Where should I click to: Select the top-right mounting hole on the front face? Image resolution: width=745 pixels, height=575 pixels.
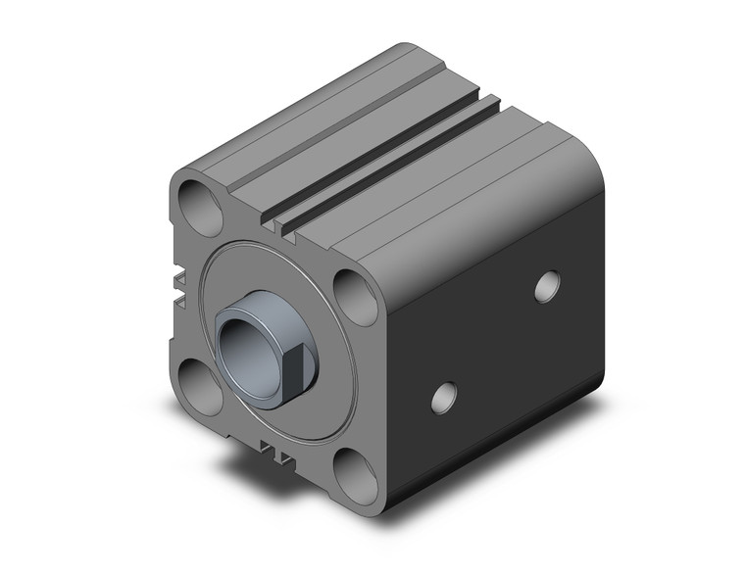coord(355,293)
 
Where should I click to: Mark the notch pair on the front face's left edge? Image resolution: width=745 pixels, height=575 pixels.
coord(179,284)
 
